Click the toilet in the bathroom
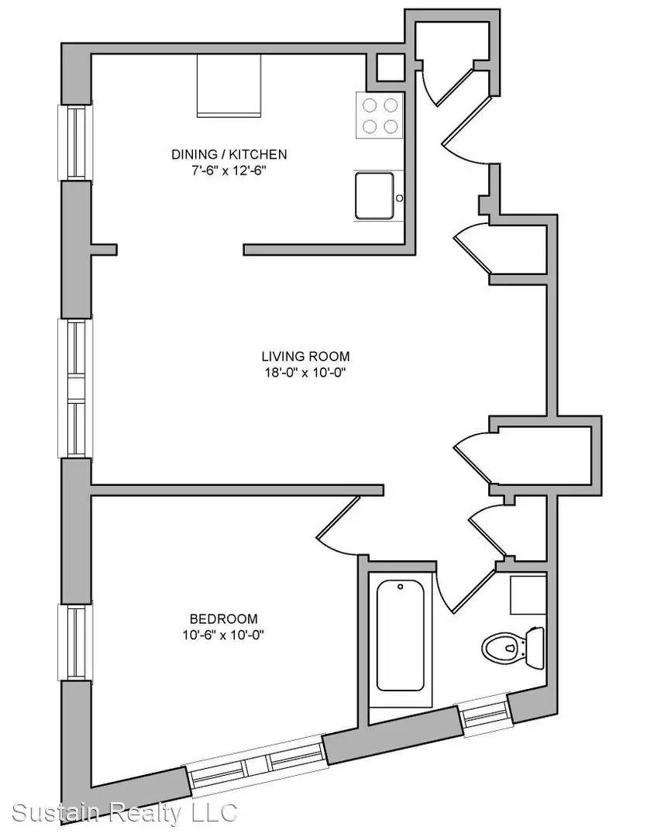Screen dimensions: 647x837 pyautogui.click(x=512, y=647)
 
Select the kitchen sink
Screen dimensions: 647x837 pyautogui.click(x=375, y=195)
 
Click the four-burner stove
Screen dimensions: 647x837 pyautogui.click(x=380, y=115)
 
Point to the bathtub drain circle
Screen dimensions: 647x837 pyautogui.click(x=401, y=587)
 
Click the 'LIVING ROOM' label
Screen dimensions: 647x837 pyautogui.click(x=306, y=356)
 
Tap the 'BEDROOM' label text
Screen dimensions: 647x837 pyautogui.click(x=224, y=618)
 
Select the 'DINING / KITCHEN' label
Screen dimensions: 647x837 pyautogui.click(x=229, y=154)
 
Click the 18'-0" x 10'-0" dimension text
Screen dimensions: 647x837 pyautogui.click(x=306, y=373)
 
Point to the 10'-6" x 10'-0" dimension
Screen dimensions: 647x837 pyautogui.click(x=224, y=635)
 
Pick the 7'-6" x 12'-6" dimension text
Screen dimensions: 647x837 pyautogui.click(x=229, y=170)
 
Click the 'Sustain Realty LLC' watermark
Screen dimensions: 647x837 pyautogui.click(x=125, y=813)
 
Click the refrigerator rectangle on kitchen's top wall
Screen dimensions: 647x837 pyautogui.click(x=229, y=85)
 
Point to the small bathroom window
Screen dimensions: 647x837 pyautogui.click(x=485, y=715)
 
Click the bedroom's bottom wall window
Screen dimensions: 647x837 pyautogui.click(x=256, y=766)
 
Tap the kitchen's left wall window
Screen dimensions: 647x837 pyautogui.click(x=74, y=142)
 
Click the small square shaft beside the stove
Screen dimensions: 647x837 pyautogui.click(x=391, y=67)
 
